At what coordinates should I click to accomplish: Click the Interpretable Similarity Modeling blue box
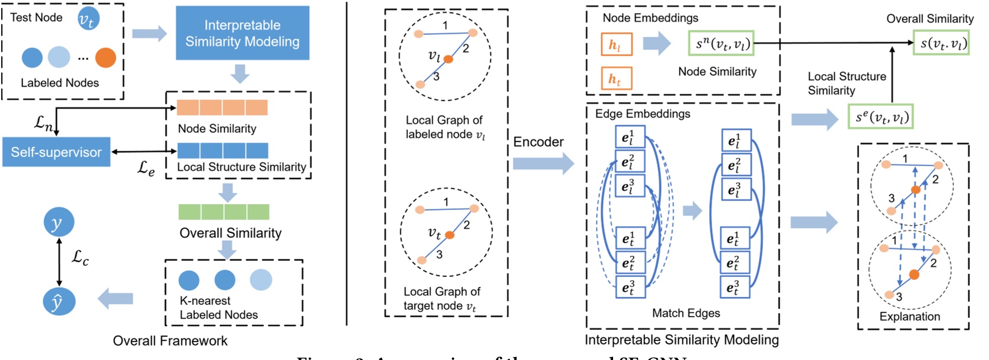point(243,33)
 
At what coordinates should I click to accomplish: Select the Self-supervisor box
point(56,152)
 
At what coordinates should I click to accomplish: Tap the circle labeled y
point(59,223)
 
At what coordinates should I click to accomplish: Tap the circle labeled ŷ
point(59,301)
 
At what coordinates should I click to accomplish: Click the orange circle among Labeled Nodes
point(106,58)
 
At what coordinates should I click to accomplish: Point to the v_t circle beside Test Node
point(88,20)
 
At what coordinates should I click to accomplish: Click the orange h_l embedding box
point(616,44)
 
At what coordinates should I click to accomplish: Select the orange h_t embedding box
point(616,78)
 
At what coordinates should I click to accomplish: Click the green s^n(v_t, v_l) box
point(722,43)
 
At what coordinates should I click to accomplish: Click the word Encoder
point(538,142)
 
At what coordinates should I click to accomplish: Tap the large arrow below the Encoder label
point(543,163)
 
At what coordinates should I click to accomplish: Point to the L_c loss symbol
point(80,257)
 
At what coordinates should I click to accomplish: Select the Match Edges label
point(686,313)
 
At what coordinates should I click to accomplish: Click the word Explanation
point(910,317)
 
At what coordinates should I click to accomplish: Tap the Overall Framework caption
point(170,341)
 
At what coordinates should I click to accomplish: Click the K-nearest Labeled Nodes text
point(219,308)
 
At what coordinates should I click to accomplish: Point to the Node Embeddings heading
point(650,18)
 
